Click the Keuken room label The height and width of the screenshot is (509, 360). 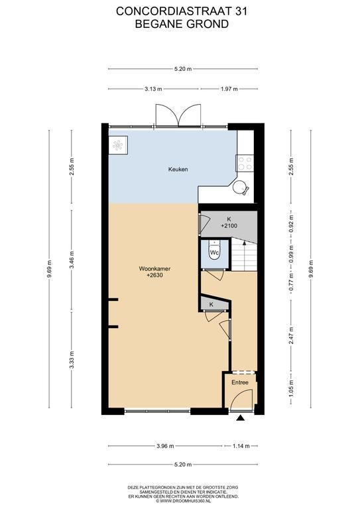click(x=178, y=169)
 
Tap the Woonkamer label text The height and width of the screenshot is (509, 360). click(x=154, y=269)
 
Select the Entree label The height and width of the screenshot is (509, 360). click(x=240, y=382)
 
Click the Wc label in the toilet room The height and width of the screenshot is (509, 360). click(x=214, y=253)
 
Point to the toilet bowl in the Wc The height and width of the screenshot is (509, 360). click(x=214, y=252)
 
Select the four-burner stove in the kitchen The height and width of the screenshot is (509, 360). click(x=245, y=163)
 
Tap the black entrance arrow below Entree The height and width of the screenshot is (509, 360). click(x=240, y=418)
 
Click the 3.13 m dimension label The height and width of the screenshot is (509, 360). click(x=153, y=89)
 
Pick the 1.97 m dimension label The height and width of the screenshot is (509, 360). click(x=229, y=89)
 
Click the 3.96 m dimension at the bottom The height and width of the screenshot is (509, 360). click(x=165, y=446)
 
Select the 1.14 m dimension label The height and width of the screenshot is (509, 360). click(x=241, y=446)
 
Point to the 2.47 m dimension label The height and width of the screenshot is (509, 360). click(x=291, y=335)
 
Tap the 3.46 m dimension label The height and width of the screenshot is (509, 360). click(x=72, y=259)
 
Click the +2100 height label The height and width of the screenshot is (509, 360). click(x=229, y=225)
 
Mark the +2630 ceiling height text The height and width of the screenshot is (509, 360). click(x=154, y=275)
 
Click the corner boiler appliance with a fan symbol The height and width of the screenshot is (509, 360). click(x=118, y=145)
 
